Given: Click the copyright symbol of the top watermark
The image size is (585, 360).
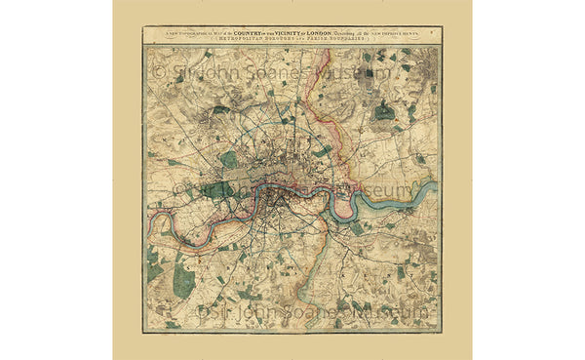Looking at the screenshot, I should tap(157, 72).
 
